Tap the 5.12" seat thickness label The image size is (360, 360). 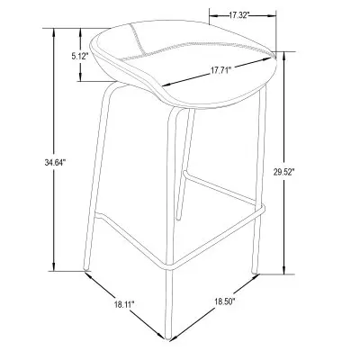pyautogui.click(x=79, y=56)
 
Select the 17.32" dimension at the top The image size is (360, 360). pyautogui.click(x=239, y=15)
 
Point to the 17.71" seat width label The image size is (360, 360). pyautogui.click(x=220, y=71)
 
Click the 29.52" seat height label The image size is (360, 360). pyautogui.click(x=283, y=172)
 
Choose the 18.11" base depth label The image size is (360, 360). pyautogui.click(x=124, y=304)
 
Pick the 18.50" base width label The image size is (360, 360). pyautogui.click(x=225, y=301)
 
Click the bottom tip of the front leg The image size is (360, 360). pyautogui.click(x=168, y=339)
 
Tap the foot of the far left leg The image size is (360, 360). pyautogui.click(x=86, y=270)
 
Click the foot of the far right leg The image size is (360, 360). pyautogui.click(x=255, y=273)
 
